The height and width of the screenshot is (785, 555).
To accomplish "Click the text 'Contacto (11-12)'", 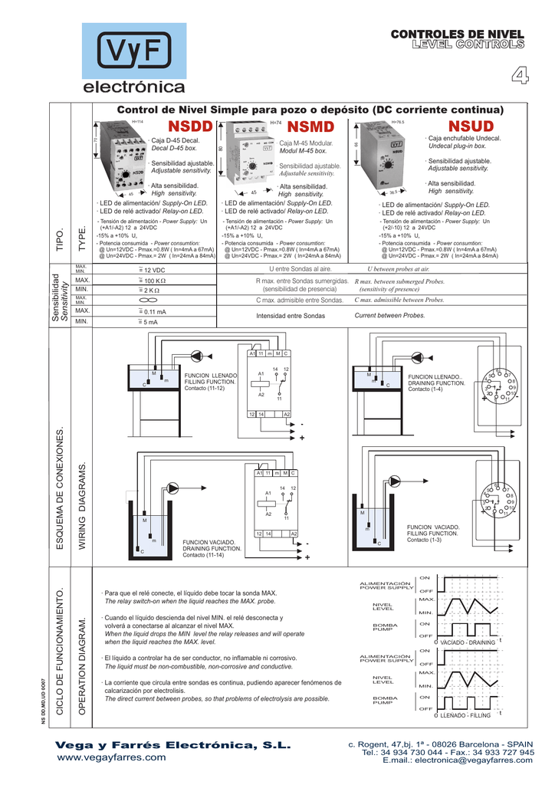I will (205, 388).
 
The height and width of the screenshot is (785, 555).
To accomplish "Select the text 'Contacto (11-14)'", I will (203, 554).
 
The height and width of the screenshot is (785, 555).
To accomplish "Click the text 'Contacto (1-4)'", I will (425, 389).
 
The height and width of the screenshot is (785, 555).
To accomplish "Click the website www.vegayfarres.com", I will (113, 757).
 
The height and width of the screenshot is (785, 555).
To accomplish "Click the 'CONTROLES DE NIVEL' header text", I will (457, 35).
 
